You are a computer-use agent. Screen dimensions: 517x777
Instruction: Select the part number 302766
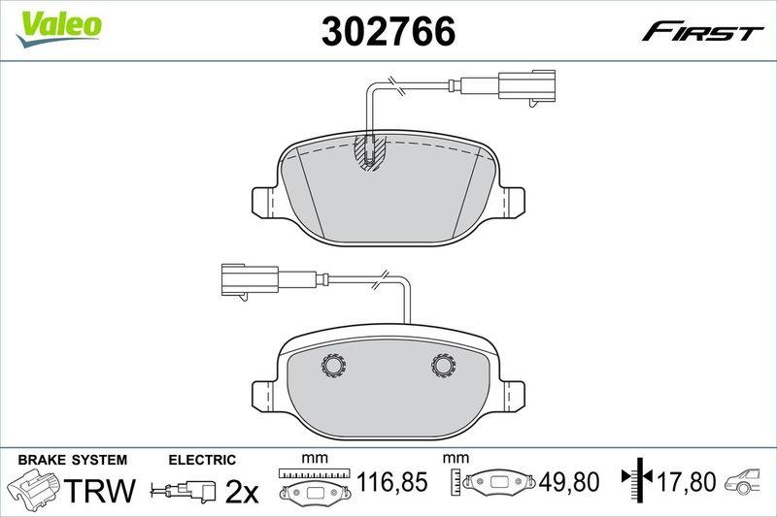tap(388, 32)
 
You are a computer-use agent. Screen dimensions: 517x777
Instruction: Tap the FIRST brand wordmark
tap(702, 32)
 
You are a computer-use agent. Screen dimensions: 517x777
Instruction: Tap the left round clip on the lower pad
tap(334, 365)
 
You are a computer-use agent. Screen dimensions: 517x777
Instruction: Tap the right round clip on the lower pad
tap(444, 365)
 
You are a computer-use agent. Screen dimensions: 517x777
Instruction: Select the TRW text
tap(102, 491)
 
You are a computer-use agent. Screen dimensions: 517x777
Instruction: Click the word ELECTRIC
tap(202, 459)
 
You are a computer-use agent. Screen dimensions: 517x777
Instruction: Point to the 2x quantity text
tap(241, 492)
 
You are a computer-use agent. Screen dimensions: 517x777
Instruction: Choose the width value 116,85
tap(392, 482)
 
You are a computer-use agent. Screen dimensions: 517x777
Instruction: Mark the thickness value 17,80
tap(691, 482)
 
